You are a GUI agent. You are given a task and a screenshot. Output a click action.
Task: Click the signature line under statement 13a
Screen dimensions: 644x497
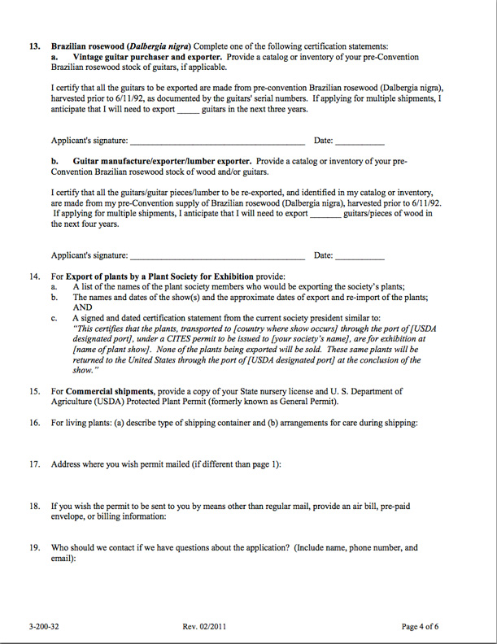tap(217, 142)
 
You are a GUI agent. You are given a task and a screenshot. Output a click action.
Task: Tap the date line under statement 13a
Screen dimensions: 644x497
tap(360, 142)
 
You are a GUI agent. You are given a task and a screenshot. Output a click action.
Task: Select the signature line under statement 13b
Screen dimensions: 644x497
tap(217, 256)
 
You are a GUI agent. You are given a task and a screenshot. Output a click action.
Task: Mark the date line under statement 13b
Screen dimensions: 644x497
tap(360, 256)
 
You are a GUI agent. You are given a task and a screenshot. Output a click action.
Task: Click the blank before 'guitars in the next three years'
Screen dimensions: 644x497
tap(188, 110)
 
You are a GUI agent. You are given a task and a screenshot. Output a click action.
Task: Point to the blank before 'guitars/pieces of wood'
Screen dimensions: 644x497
tap(325, 214)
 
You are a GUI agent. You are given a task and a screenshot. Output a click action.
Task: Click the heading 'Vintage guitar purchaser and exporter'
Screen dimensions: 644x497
tap(146, 57)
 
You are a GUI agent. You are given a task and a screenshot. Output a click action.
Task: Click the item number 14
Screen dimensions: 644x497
tap(35, 277)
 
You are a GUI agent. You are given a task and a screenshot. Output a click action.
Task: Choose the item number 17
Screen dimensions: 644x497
tap(35, 464)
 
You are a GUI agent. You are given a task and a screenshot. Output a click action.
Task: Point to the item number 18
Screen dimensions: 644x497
tap(35, 506)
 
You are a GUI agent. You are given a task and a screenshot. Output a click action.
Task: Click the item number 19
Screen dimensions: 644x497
tap(35, 548)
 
